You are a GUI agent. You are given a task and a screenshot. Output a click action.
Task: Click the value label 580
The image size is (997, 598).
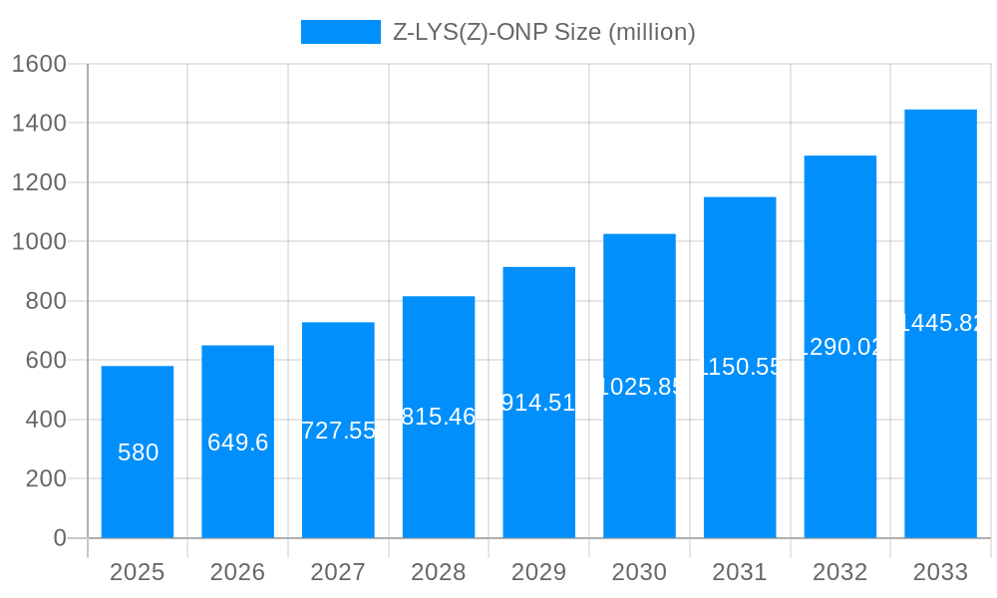tap(138, 452)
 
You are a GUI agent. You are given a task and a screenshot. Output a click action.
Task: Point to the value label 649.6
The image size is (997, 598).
tap(237, 443)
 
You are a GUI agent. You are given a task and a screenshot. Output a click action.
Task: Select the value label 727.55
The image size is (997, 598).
tap(338, 431)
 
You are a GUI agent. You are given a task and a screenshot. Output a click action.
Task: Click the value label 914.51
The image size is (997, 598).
tap(538, 403)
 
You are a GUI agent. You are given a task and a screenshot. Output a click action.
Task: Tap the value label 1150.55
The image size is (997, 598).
tap(740, 367)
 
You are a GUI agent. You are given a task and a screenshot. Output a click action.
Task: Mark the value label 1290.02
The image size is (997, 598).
tap(840, 347)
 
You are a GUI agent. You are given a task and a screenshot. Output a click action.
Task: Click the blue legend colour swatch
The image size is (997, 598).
tap(340, 32)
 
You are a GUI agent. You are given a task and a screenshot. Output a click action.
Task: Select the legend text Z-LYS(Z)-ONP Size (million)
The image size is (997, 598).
tap(543, 32)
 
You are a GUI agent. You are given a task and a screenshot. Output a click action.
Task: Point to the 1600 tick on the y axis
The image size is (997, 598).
tap(39, 64)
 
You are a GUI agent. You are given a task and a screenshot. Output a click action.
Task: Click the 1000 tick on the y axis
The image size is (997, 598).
tap(39, 242)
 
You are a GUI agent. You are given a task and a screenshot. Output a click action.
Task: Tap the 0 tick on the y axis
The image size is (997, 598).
tap(59, 538)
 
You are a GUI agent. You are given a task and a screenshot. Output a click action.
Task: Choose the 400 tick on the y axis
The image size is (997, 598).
tap(46, 420)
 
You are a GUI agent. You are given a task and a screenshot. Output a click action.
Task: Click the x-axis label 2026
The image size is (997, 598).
tap(237, 572)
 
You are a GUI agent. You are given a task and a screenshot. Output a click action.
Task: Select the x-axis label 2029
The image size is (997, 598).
tap(538, 572)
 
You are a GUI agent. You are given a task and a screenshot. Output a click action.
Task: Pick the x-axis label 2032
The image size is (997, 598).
tap(839, 572)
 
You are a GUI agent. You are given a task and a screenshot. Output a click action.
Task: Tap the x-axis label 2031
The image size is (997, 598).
tap(740, 572)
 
